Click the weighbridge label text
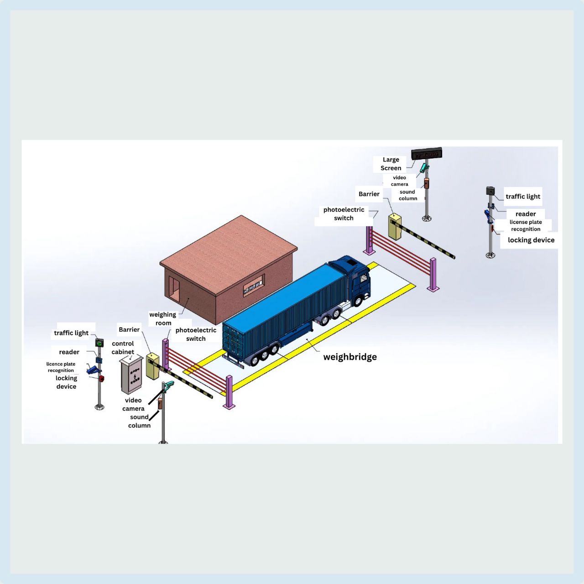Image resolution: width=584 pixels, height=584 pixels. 350,357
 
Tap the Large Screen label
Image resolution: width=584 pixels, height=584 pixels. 391,164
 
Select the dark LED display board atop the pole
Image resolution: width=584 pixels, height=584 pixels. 427,154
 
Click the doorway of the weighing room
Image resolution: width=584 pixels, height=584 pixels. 174,288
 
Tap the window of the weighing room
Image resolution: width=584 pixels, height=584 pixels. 254,285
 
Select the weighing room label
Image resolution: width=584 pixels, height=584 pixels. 163,318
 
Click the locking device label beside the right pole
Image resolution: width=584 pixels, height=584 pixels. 531,240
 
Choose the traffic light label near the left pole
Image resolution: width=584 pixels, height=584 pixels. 71,333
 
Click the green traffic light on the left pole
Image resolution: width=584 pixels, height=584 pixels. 99,343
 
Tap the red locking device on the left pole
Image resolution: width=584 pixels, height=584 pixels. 101,378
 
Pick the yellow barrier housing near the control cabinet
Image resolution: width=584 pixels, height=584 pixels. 152,366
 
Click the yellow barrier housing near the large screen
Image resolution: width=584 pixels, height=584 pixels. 394,227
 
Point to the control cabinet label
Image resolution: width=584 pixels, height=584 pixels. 123,348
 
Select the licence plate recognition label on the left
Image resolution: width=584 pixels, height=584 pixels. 61,367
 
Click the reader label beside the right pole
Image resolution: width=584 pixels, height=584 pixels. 526,214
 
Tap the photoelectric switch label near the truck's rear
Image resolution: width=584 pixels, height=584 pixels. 196,334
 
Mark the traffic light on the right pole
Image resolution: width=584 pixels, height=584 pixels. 490,191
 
